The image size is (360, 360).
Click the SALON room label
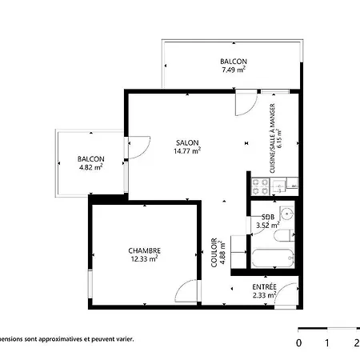coord(187,142)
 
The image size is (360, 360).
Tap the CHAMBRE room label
coord(145,251)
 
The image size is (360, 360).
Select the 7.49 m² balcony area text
coord(234,70)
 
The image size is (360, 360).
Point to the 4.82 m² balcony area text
coord(91,167)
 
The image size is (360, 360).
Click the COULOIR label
coord(214,253)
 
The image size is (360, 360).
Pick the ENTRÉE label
coord(264,287)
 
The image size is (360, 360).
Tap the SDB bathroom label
coord(268,217)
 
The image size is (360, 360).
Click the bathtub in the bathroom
coord(273,258)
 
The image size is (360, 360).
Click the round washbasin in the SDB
coord(287,214)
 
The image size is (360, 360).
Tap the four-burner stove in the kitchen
coord(260,186)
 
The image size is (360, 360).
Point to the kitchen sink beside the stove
coord(278,186)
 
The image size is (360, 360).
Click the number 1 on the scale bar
coord(327,343)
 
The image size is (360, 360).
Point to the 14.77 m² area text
coord(187,151)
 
